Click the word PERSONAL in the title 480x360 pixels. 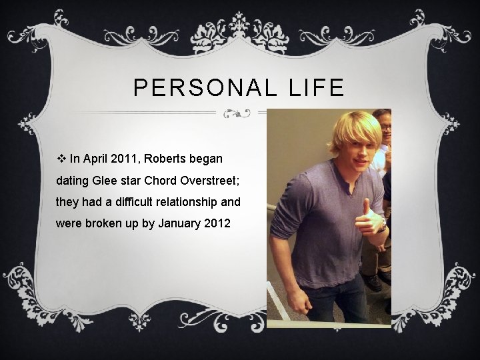(x=201, y=87)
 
